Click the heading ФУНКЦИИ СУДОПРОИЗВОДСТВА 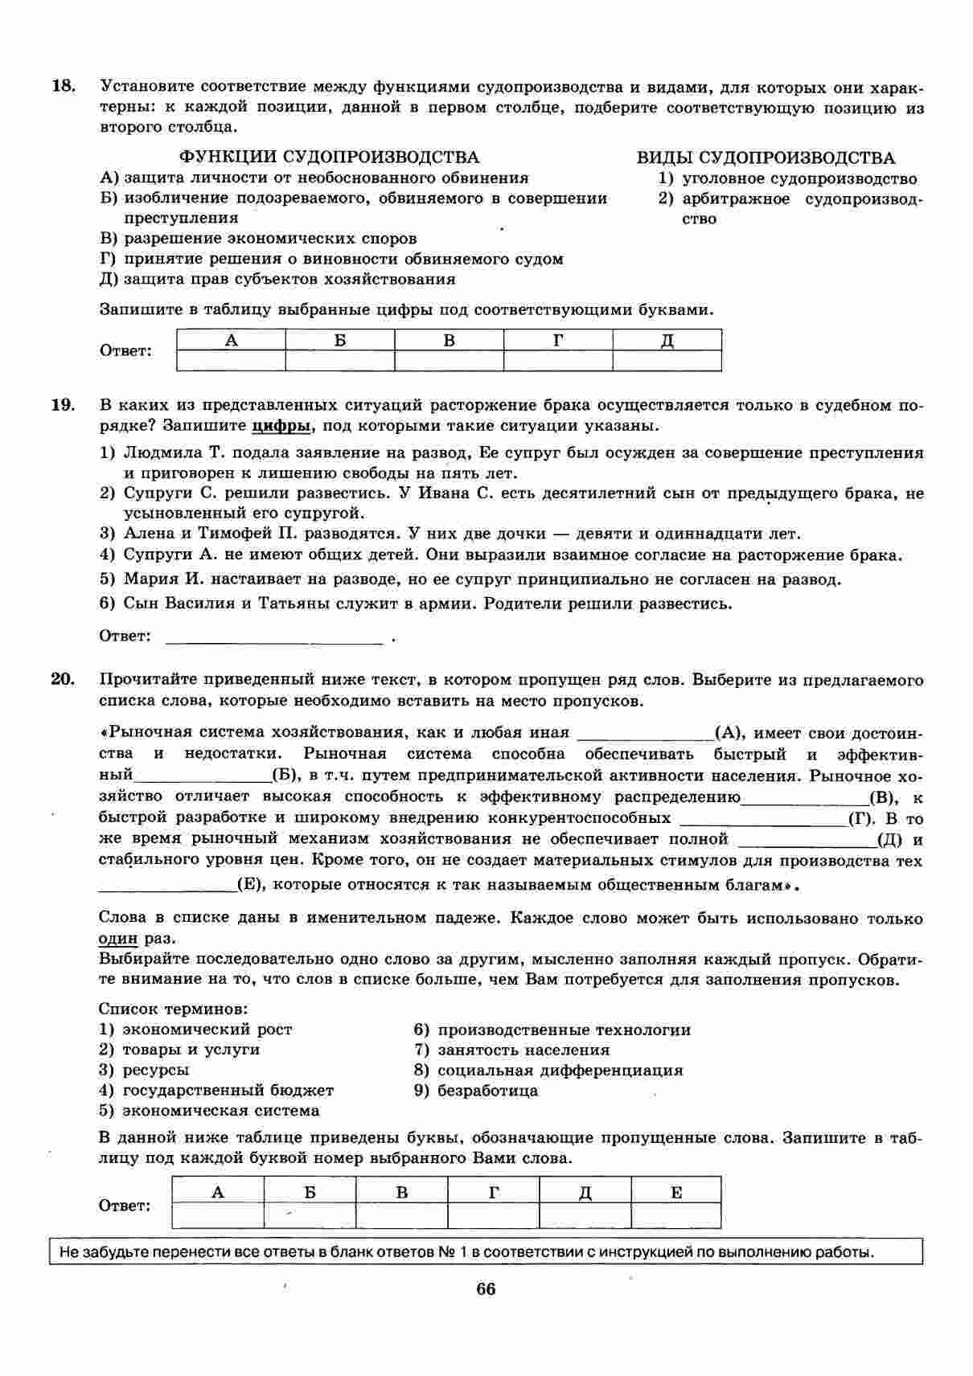328,158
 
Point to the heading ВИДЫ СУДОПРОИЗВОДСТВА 766,158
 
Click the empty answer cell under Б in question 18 340,361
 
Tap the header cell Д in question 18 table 667,340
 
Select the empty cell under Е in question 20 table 675,1215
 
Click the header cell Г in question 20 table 493,1192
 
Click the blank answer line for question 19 273,637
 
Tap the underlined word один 118,939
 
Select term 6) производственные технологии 552,1030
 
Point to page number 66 486,1289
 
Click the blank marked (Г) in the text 763,819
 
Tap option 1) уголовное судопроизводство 788,178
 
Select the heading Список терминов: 173,1008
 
